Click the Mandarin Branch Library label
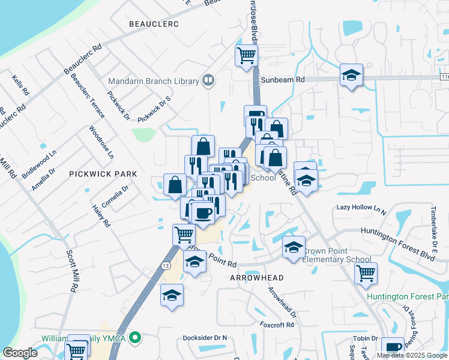(153, 82)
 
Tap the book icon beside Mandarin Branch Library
(208, 80)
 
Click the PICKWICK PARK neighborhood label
(103, 174)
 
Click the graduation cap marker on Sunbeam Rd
(351, 76)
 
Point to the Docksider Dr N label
(205, 338)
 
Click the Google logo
(20, 353)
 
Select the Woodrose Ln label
(101, 142)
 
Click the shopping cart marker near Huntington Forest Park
(366, 274)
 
